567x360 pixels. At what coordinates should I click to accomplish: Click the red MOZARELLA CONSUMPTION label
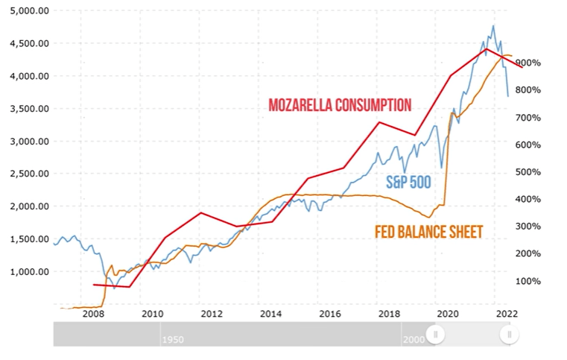point(340,105)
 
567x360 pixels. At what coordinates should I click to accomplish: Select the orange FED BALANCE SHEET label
point(428,233)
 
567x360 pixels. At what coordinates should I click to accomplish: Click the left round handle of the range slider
point(435,335)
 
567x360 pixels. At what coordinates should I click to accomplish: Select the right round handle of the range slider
point(509,335)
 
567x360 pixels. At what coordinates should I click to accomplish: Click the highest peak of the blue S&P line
point(492,26)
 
